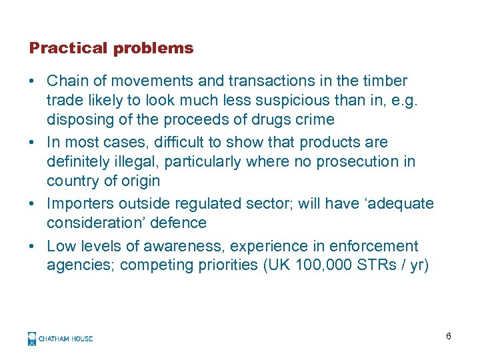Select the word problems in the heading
click(x=153, y=49)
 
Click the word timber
click(x=384, y=81)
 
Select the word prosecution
click(x=361, y=161)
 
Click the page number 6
click(x=449, y=336)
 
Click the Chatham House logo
click(x=60, y=338)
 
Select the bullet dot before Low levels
click(x=32, y=246)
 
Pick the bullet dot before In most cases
click(x=32, y=142)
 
